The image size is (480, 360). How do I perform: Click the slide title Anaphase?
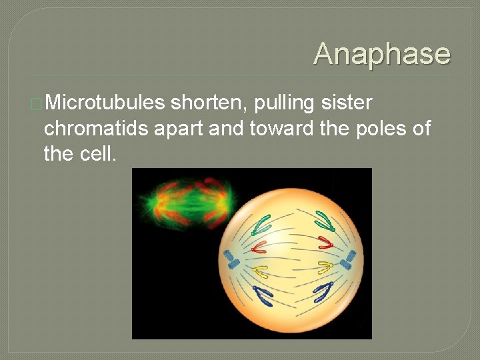[382, 53]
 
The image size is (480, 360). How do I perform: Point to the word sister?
[347, 103]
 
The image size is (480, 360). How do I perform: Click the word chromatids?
[97, 129]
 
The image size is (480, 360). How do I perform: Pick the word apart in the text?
[179, 129]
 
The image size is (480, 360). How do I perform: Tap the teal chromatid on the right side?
[325, 219]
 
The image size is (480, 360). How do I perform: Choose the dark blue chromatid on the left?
[264, 296]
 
